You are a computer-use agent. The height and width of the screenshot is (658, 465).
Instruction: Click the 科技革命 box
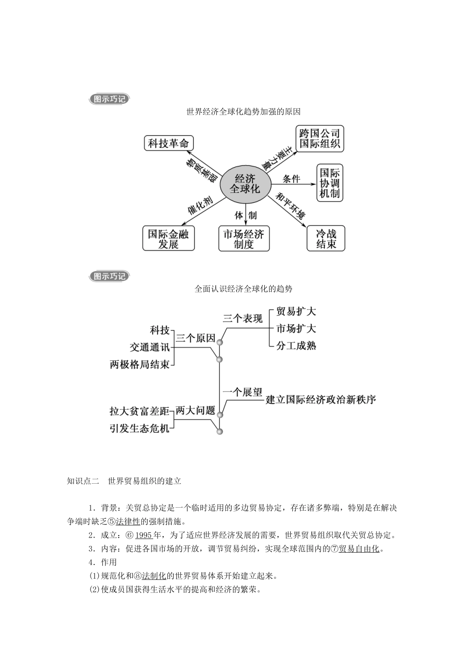168,143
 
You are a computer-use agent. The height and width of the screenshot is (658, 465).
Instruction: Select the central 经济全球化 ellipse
245,184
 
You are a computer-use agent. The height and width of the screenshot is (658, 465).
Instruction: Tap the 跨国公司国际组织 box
320,139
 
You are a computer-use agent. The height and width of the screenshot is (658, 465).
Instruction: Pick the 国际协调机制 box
329,183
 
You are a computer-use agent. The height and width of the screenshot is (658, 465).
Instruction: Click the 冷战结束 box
325,238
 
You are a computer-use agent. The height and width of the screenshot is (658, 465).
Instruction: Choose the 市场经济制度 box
244,239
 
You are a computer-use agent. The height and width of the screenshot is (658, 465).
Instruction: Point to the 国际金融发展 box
168,239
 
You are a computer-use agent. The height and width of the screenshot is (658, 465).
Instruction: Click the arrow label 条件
291,179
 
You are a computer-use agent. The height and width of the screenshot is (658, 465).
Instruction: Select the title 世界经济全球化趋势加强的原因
243,112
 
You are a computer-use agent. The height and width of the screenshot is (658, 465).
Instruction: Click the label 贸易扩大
296,312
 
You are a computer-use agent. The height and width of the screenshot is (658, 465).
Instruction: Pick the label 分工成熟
296,346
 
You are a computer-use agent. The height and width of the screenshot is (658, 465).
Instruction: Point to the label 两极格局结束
139,364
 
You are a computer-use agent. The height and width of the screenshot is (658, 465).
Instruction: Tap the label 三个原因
195,338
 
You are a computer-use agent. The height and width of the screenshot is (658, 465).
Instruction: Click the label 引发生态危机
139,428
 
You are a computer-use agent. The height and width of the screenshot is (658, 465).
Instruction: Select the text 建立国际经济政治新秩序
321,399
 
